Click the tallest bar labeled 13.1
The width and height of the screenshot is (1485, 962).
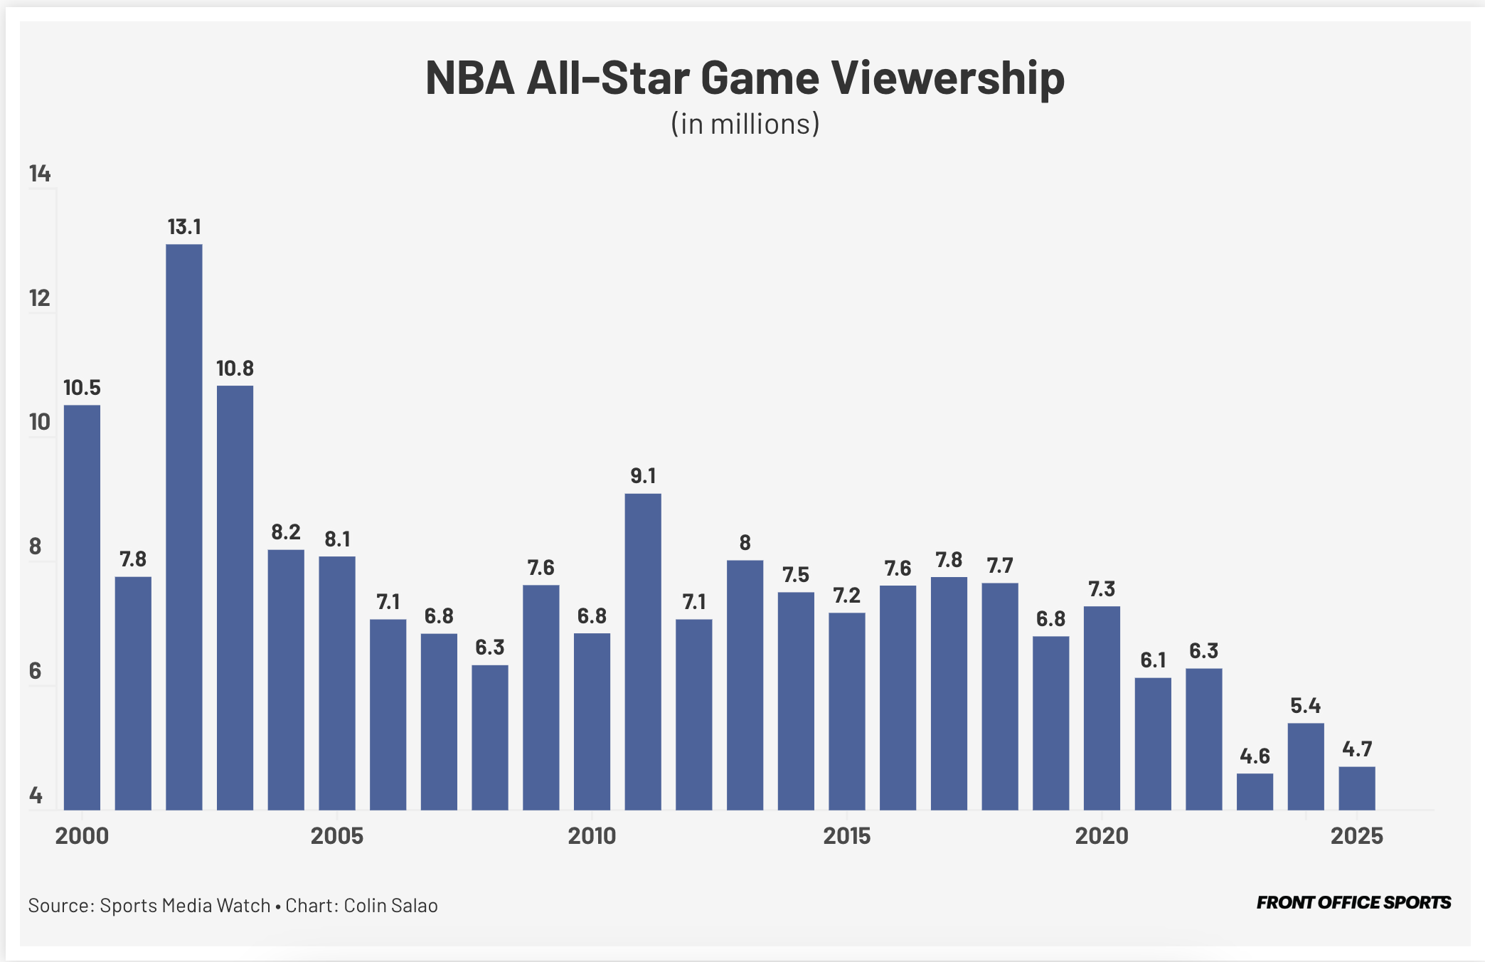184,527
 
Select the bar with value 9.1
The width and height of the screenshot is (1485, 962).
643,651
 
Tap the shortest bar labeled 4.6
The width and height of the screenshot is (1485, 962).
1255,791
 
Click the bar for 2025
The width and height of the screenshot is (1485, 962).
1356,788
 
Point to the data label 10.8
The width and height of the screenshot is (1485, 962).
235,369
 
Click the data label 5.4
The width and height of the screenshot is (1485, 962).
1305,706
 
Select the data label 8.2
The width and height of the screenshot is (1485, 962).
286,532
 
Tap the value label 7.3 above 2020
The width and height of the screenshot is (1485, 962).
1102,589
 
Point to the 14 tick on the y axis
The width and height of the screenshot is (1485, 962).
40,174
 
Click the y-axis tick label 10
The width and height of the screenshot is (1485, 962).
40,422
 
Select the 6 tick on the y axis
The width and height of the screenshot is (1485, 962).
36,671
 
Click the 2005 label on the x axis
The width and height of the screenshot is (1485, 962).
336,835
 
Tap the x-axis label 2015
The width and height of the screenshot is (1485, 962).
846,835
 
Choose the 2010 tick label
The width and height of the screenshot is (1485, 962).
592,835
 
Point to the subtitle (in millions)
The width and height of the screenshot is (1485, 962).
745,124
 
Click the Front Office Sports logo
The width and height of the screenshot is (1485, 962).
1353,903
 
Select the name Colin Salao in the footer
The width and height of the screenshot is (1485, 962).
390,906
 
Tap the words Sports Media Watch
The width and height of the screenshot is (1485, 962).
185,906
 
